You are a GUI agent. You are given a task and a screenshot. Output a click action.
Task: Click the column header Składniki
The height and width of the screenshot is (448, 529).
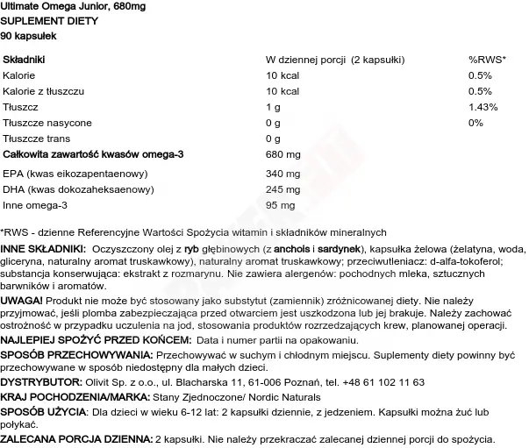[25, 60]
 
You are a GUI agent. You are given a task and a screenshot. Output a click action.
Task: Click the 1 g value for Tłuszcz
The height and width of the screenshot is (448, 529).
[273, 106]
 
